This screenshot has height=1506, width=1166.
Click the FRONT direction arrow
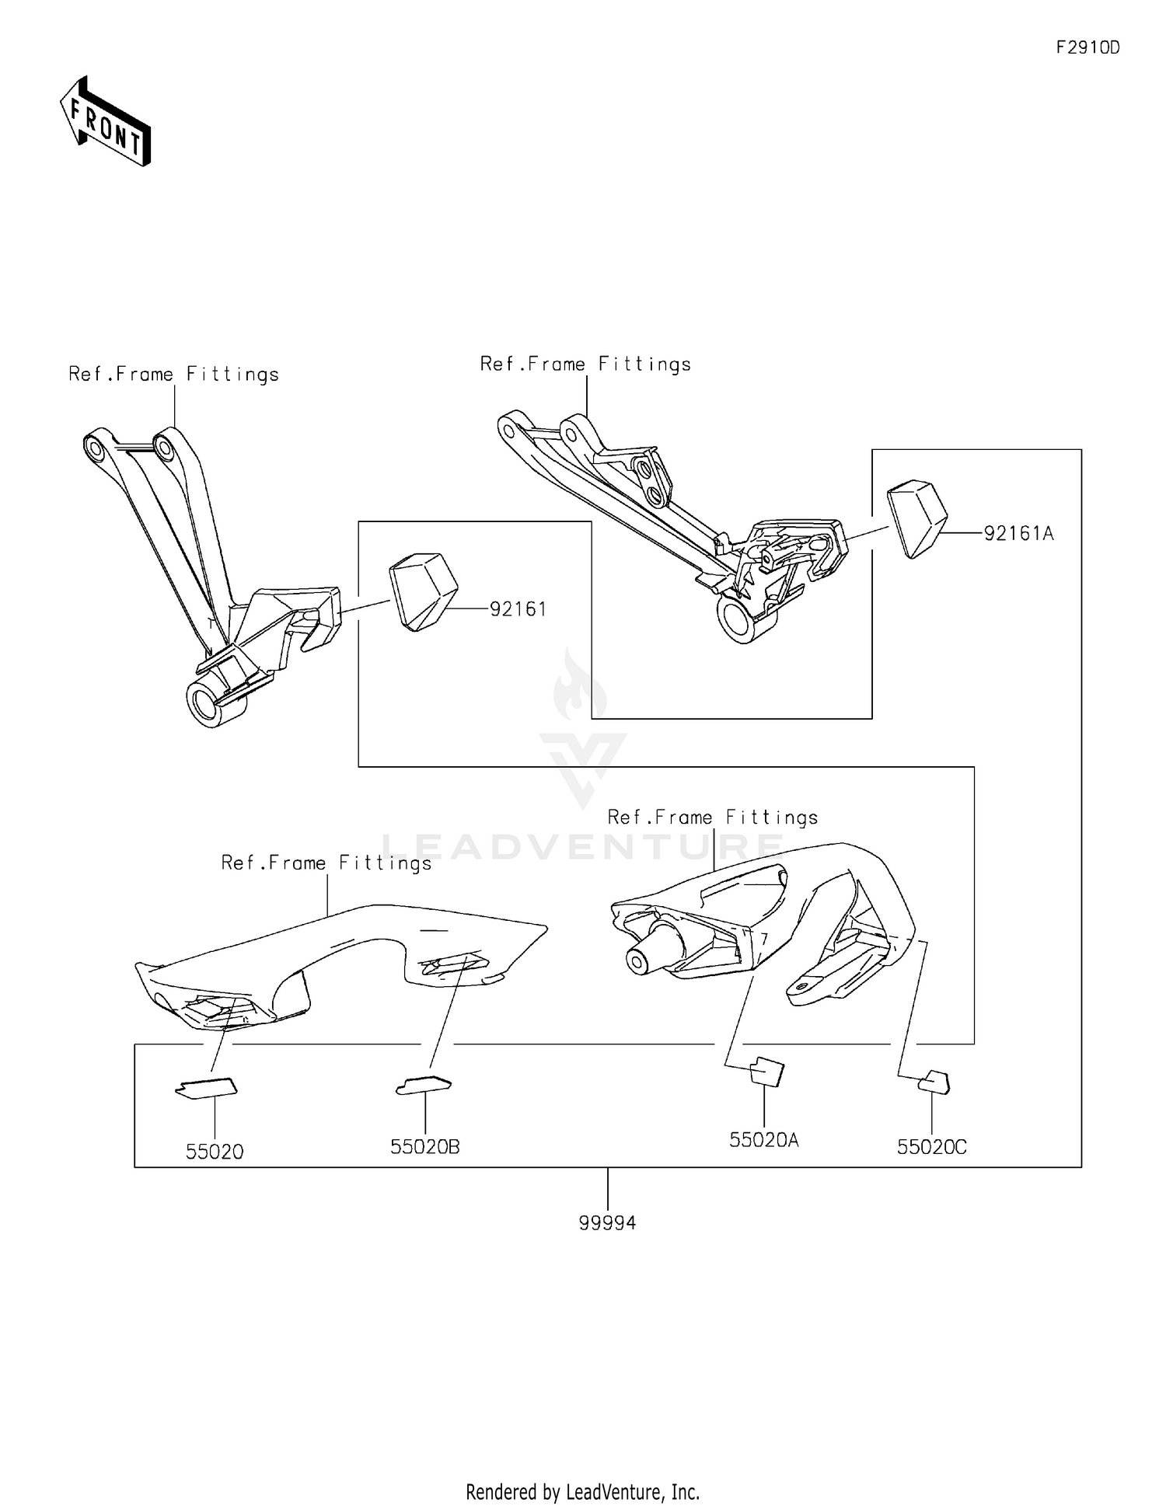pos(106,122)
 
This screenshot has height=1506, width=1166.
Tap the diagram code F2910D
pos(1087,47)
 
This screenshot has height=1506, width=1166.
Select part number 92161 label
pos(518,609)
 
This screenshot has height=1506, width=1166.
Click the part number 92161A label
pos(1018,534)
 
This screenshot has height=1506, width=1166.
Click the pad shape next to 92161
pos(424,591)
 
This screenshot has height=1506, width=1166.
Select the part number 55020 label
pos(215,1152)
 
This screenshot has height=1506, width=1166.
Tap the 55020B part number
pos(425,1146)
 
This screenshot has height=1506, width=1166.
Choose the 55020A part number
pos(764,1140)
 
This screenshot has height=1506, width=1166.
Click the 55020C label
pos(931,1147)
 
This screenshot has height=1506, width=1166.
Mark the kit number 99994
pos(607,1223)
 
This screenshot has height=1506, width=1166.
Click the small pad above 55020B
pos(424,1085)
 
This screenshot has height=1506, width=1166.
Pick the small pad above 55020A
pos(766,1072)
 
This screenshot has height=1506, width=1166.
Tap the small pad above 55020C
pos(934,1082)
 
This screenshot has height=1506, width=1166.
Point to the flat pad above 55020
pos(206,1089)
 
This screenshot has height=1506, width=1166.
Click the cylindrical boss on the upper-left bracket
pos(215,702)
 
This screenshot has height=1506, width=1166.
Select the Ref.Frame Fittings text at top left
pos(174,375)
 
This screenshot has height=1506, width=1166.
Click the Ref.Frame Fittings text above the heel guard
pos(326,863)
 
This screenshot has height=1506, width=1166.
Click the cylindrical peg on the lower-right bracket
pos(655,947)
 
